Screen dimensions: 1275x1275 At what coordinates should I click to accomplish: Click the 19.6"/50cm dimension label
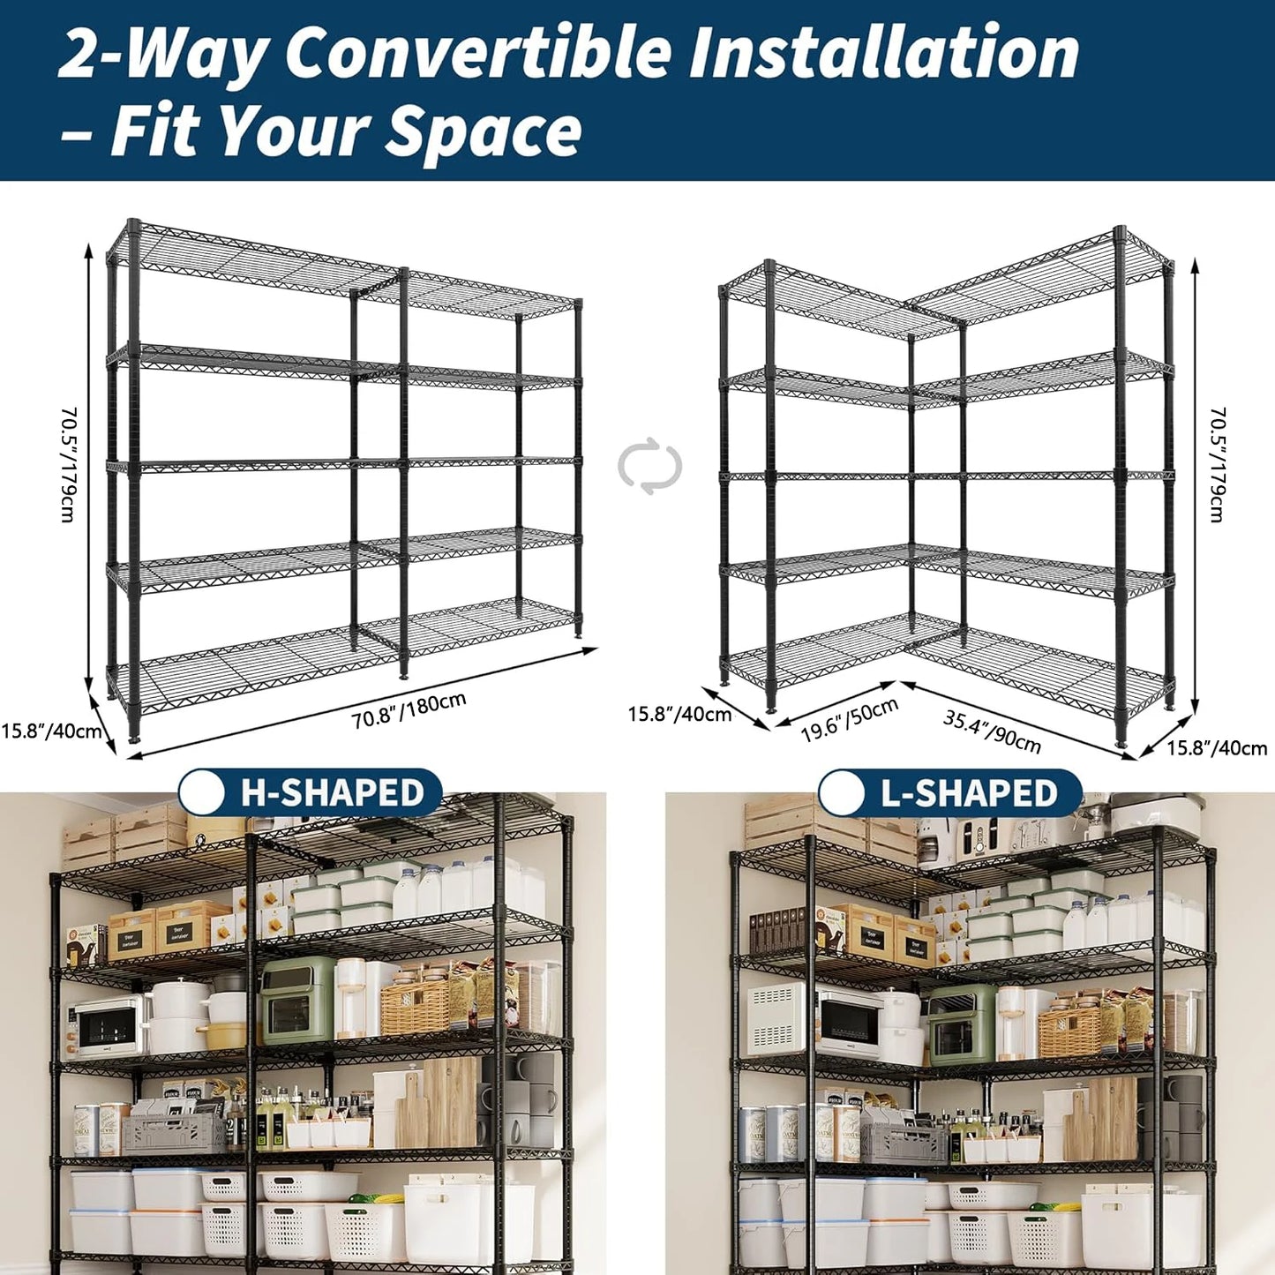coord(849,720)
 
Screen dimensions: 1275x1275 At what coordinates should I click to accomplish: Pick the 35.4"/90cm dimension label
coord(992,731)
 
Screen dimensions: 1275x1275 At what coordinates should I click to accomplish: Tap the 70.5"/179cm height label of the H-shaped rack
coord(69,465)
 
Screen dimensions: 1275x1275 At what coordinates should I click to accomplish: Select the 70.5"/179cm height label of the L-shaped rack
coord(1218,465)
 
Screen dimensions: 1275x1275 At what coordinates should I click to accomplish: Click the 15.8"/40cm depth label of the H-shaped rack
coord(50,731)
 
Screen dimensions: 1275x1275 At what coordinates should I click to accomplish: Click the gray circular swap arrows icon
coord(650,465)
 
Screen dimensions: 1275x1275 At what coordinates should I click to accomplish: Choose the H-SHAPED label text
coord(333,792)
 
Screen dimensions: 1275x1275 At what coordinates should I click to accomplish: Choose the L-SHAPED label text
coord(969,793)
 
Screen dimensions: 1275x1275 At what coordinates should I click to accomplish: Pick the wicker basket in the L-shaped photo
coord(1069,1033)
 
